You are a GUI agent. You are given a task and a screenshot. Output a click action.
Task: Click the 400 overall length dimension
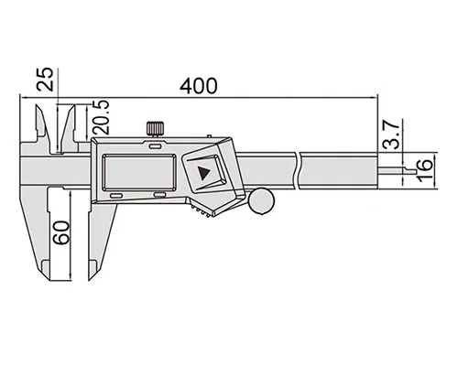[199, 86]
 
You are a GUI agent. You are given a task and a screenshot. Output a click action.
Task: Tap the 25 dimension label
[45, 80]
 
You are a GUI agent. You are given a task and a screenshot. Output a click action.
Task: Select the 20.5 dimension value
[101, 117]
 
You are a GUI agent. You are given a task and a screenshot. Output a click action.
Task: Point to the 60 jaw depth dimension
[60, 232]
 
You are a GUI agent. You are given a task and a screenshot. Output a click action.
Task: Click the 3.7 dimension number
[391, 135]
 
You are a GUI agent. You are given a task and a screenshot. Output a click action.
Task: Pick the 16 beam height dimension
[424, 170]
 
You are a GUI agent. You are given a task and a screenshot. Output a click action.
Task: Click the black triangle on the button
[203, 173]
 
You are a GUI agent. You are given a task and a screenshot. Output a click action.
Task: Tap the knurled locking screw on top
[155, 129]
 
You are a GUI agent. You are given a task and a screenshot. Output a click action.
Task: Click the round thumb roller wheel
[261, 201]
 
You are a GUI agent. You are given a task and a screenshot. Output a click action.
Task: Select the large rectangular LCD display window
[139, 173]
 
